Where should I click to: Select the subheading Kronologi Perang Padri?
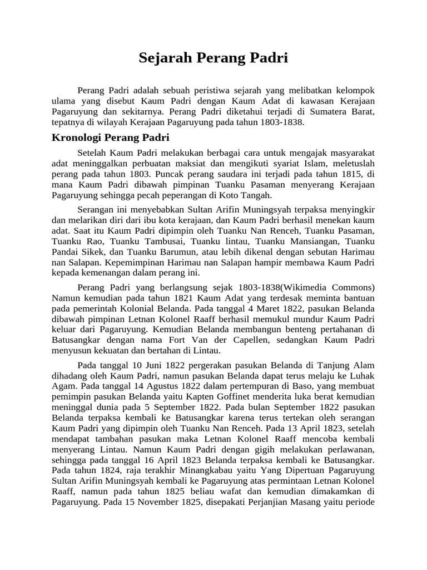coord(110,137)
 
